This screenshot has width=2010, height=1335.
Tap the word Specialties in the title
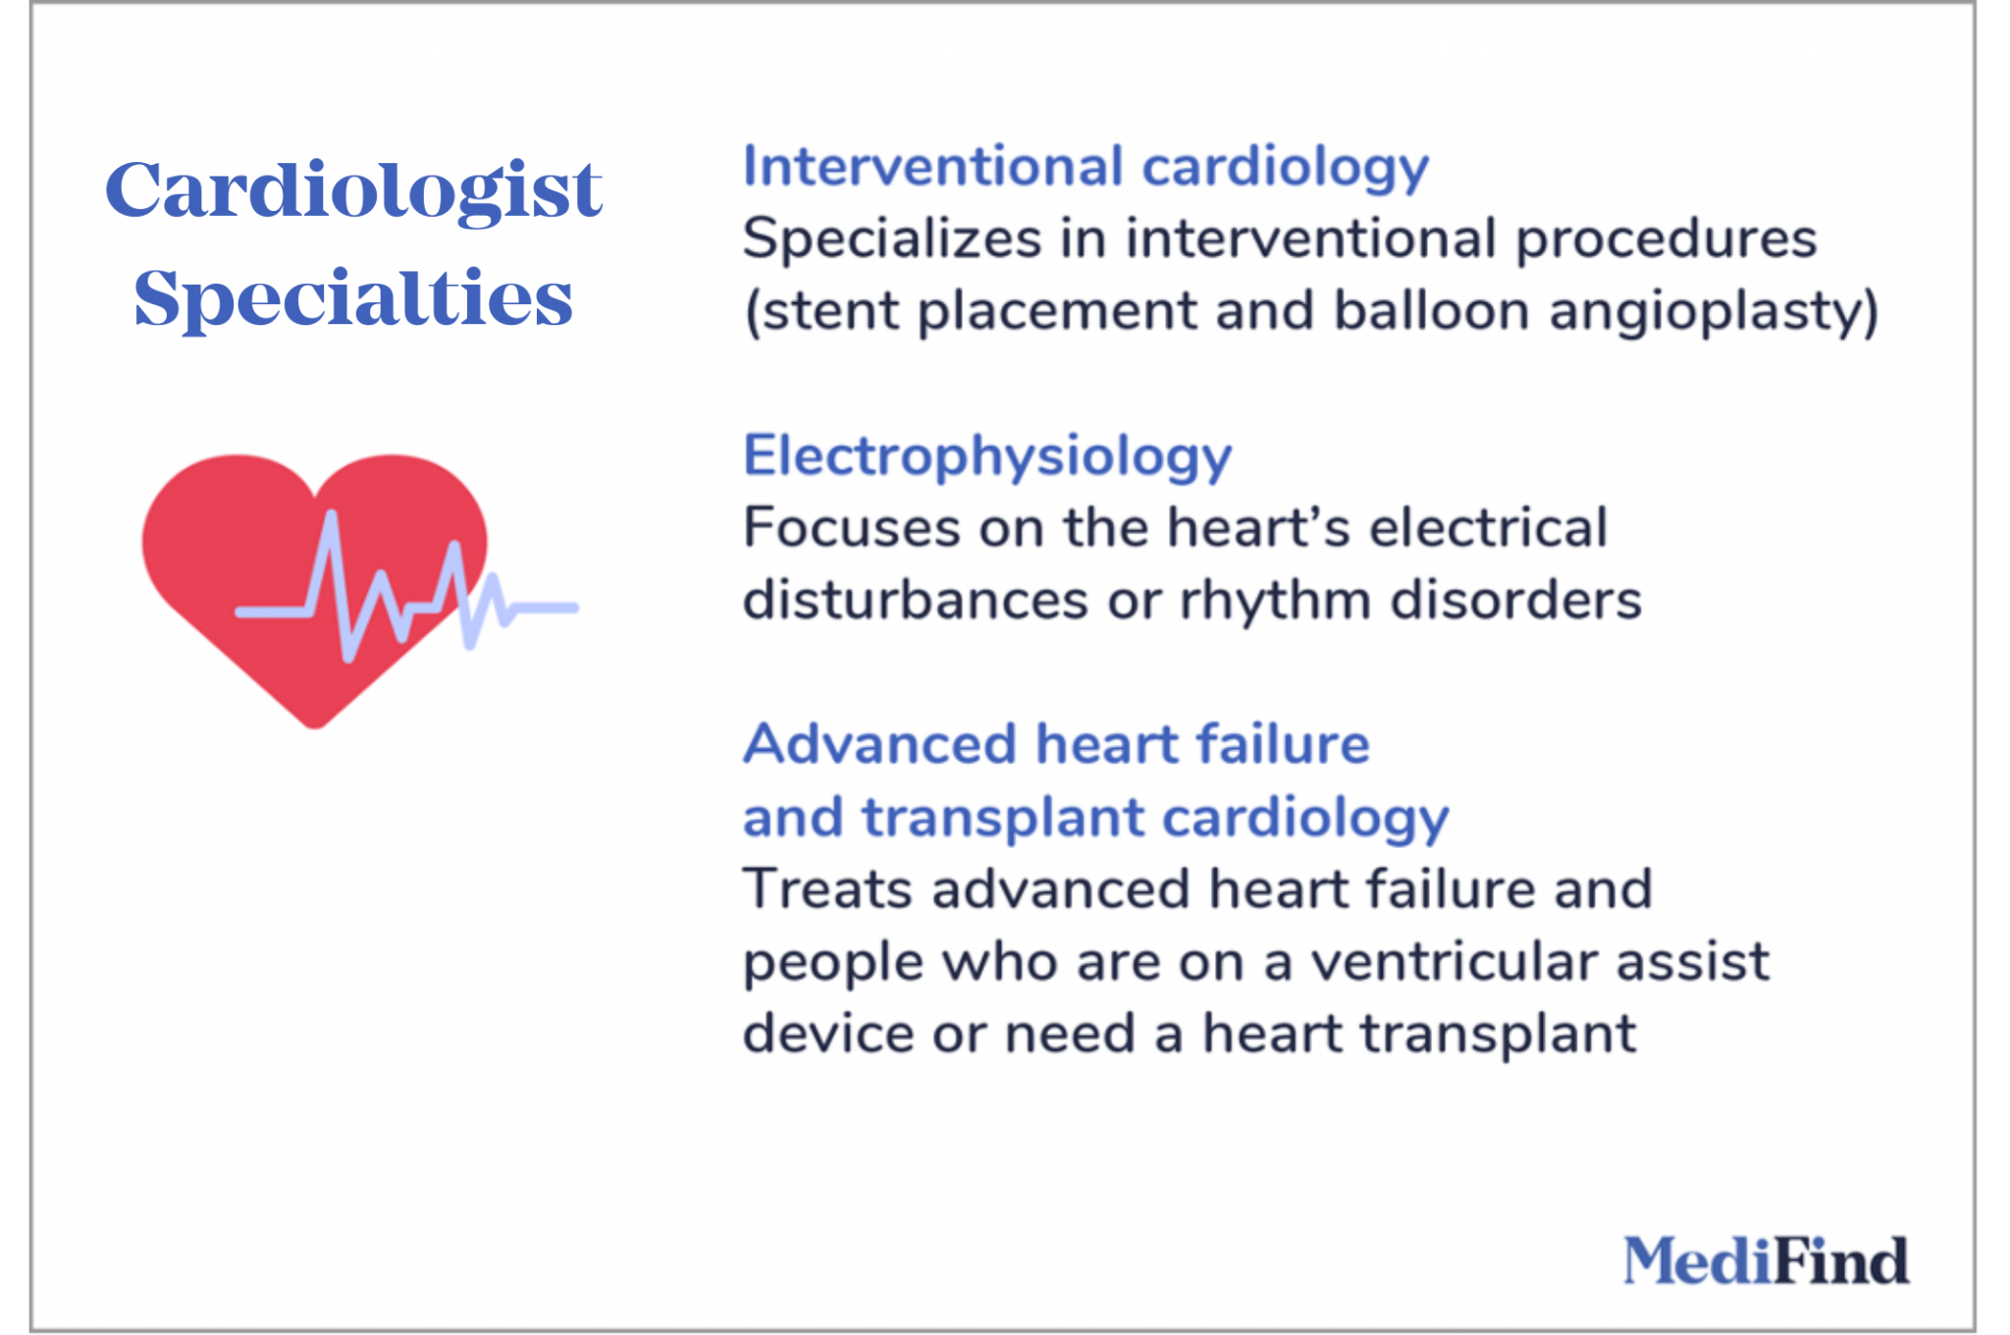click(x=353, y=297)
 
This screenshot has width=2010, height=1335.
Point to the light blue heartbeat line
click(x=530, y=609)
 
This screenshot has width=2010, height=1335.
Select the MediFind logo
click(x=1766, y=1260)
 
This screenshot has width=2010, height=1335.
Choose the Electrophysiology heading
click(x=986, y=456)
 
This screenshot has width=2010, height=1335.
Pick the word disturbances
click(x=915, y=600)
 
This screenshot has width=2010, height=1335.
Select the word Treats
click(x=827, y=889)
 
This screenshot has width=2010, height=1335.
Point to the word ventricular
click(x=1455, y=961)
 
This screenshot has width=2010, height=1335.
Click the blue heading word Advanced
click(x=879, y=744)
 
